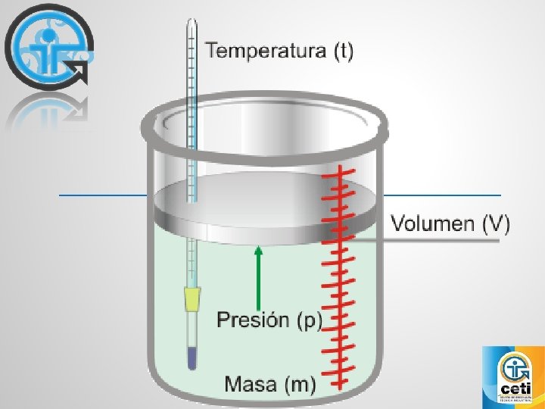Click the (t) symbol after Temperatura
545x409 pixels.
(343, 52)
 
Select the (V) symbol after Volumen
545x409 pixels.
(497, 224)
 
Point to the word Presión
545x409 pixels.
(252, 320)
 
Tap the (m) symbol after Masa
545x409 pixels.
(300, 384)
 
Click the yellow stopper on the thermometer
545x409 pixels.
(193, 299)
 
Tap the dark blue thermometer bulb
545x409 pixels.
(192, 358)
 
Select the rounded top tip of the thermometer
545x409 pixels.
(192, 23)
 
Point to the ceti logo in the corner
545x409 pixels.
(513, 376)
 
